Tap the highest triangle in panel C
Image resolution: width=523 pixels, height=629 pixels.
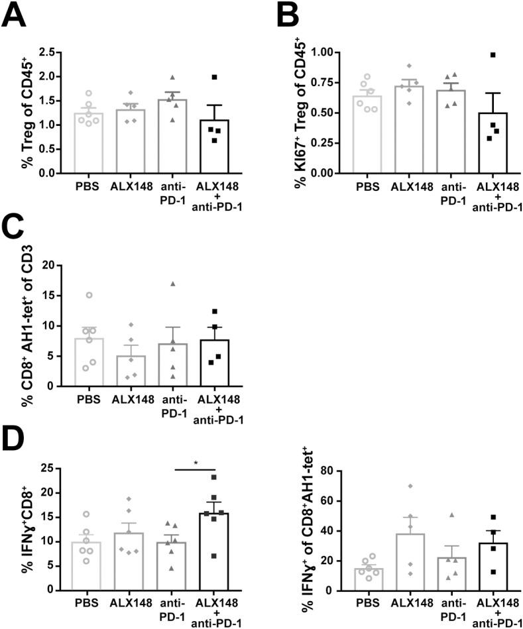(x=172, y=284)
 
